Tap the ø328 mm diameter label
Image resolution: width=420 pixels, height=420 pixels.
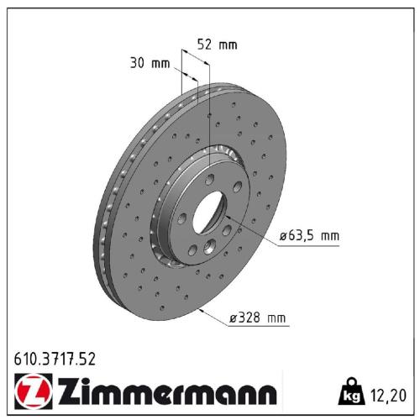click(258, 318)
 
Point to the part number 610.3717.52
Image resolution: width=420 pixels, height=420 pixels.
click(55, 359)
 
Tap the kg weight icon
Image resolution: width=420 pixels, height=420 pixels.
click(350, 391)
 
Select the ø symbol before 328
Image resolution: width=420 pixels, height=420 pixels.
click(232, 318)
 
